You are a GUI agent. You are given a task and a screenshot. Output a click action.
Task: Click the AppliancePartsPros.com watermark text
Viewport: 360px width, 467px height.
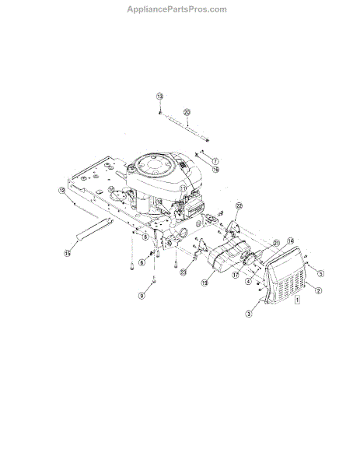pos(177,9)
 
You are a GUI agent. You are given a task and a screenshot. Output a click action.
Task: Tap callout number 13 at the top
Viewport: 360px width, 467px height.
pos(159,96)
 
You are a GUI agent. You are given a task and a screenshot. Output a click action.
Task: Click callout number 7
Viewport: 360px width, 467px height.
pos(215,160)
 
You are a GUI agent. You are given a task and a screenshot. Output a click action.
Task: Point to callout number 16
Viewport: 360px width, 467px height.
pos(215,169)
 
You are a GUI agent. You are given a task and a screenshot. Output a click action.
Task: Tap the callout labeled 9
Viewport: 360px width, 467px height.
pos(142,296)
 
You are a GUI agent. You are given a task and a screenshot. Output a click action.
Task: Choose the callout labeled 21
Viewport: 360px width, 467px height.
pos(274,244)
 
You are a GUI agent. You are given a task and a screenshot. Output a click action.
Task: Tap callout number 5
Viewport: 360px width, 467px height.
pos(320,273)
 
